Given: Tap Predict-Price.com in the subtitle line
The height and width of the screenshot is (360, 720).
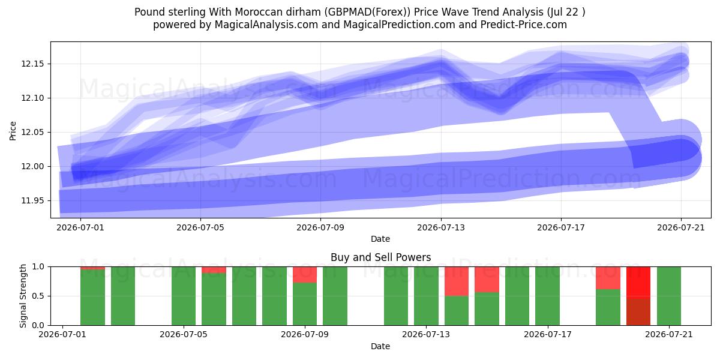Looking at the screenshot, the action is pos(524,25).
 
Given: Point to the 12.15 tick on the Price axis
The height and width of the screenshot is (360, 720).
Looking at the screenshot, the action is pos(32,64).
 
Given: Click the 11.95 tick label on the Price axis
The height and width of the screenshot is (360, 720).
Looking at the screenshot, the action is pos(32,200).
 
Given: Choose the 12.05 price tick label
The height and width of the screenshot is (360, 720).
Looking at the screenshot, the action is pos(32,133).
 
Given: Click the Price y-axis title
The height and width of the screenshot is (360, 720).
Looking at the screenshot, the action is pos(13,131).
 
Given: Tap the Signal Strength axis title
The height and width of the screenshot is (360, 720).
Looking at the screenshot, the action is pos(23,296).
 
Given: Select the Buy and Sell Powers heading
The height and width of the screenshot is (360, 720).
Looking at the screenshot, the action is pos(380,257).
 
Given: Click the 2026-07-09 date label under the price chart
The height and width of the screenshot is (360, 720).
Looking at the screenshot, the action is pos(320,227).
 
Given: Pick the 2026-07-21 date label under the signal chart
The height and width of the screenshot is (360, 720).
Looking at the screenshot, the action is pos(669,334).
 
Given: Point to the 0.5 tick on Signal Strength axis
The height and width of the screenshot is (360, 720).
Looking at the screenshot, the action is pos(38,296).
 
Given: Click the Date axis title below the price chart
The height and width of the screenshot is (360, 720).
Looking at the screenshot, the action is pos(380,239).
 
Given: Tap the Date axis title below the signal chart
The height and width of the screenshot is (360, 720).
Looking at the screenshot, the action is pos(380,346).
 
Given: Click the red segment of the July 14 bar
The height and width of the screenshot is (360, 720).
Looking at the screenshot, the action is pos(457,281).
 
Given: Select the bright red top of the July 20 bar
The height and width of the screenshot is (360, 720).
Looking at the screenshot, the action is pos(638,283).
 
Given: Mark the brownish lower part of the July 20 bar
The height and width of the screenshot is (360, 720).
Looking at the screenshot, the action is pos(638,312).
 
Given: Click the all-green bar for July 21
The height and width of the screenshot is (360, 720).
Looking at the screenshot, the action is pos(669,296).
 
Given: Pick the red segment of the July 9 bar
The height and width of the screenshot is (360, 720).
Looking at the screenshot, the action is pos(305,275).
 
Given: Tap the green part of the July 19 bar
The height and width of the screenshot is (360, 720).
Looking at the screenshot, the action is pos(608,307).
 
